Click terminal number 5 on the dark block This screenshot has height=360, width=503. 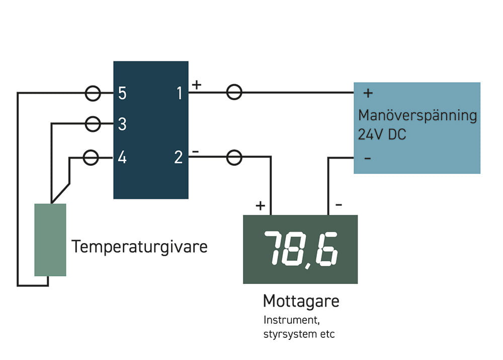[x=122, y=93]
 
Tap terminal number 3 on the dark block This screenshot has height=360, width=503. [x=122, y=124]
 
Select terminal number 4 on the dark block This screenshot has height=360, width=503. [x=122, y=158]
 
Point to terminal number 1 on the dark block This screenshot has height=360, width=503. [x=179, y=93]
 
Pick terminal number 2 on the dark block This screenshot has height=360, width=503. [x=179, y=158]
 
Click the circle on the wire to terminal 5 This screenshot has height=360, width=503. [x=93, y=93]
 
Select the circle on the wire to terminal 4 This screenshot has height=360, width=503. [x=91, y=158]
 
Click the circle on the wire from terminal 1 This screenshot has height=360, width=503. [x=234, y=92]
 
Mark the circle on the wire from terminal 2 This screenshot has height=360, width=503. [x=234, y=158]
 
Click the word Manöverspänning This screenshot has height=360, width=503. [x=417, y=116]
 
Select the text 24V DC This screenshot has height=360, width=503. [x=382, y=135]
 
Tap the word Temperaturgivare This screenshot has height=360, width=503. [x=139, y=247]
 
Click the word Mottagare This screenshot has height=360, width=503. [x=301, y=301]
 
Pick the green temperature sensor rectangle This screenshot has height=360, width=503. [x=50, y=240]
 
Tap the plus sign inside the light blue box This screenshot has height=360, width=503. [x=368, y=93]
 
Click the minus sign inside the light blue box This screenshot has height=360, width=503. [x=368, y=159]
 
